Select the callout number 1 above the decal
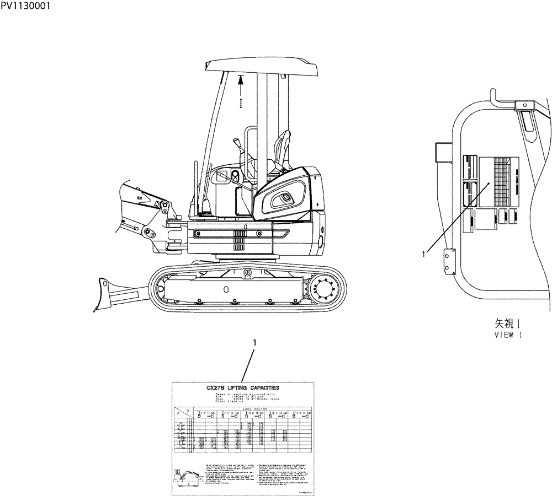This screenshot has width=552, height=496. [254, 343]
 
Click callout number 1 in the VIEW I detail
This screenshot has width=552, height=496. [423, 254]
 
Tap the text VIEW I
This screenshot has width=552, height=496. [508, 335]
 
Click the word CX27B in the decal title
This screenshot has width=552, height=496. [216, 389]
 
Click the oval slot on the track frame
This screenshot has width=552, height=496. [225, 288]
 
